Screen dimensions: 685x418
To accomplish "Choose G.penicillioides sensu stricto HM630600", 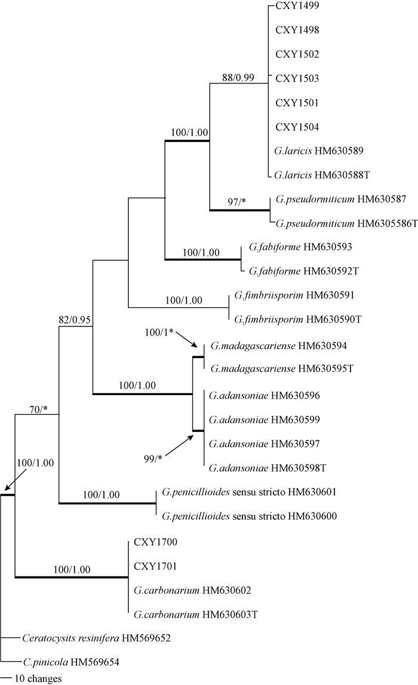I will pos(251,516).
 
